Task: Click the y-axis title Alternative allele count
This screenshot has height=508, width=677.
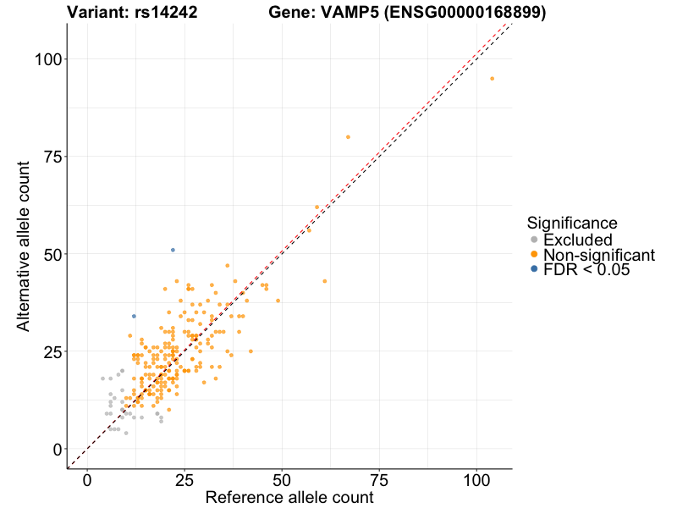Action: tap(25, 246)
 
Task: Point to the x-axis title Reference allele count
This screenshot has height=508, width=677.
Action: tap(289, 498)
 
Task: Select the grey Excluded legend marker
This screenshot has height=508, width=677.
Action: tap(534, 240)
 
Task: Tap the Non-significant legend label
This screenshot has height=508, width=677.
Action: tap(599, 255)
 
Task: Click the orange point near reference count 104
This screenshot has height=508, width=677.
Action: tap(492, 79)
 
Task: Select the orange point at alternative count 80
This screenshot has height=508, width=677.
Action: tap(348, 137)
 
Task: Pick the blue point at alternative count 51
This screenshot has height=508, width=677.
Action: tap(173, 250)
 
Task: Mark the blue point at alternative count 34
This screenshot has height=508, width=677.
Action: tap(134, 316)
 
